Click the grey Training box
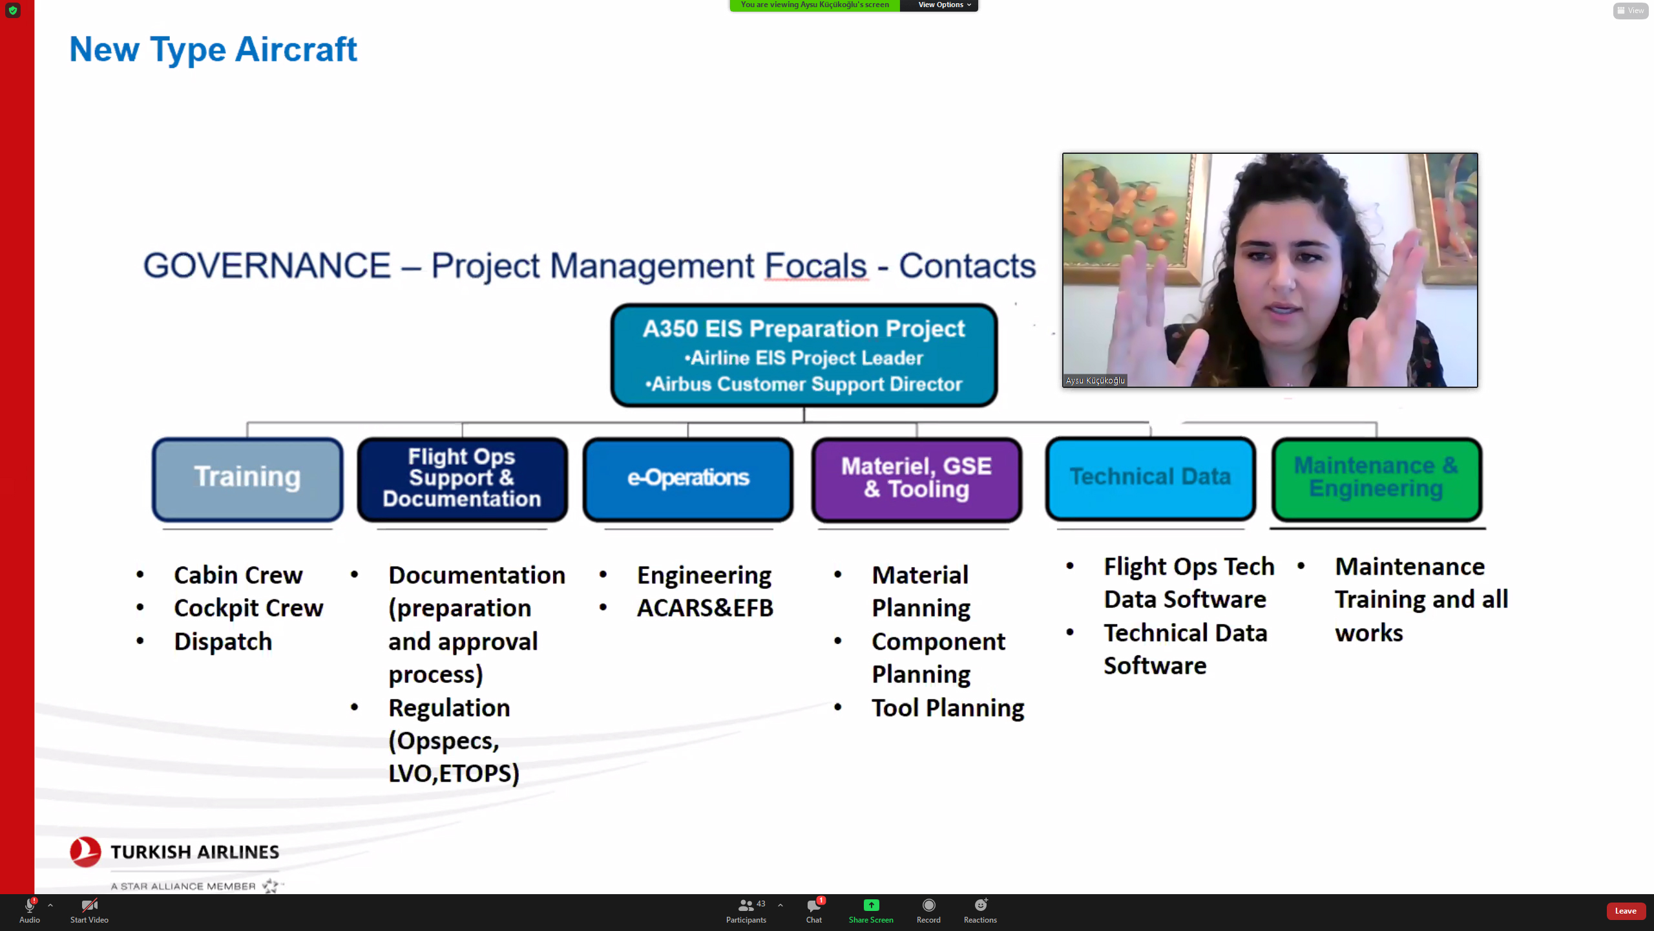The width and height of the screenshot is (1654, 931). coord(247,479)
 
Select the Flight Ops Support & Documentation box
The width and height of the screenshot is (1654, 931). coord(462,479)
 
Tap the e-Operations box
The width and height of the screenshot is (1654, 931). coord(688,479)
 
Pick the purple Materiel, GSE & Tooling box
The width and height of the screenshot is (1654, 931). coord(917,479)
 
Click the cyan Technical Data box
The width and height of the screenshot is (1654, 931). coord(1151,478)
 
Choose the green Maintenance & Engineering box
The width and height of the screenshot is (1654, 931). coord(1377,479)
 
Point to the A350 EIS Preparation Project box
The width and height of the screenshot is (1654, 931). coord(804,355)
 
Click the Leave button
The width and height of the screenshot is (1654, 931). coord(1626,911)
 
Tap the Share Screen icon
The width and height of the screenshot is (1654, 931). coord(871,905)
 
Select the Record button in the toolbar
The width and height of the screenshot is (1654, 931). coord(928,905)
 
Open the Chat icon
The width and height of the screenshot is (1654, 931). coord(814,905)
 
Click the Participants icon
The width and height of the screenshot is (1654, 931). coord(746,905)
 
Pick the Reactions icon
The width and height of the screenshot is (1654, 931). coord(981,904)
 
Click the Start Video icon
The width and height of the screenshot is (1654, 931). coord(89,904)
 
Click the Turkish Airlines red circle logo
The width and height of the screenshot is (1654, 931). coord(85,852)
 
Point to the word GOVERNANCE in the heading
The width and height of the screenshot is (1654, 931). coord(267,266)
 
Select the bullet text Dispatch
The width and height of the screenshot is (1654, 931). coord(223,641)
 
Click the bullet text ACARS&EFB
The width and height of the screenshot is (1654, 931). coord(705,608)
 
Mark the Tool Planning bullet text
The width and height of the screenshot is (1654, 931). coord(948,708)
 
